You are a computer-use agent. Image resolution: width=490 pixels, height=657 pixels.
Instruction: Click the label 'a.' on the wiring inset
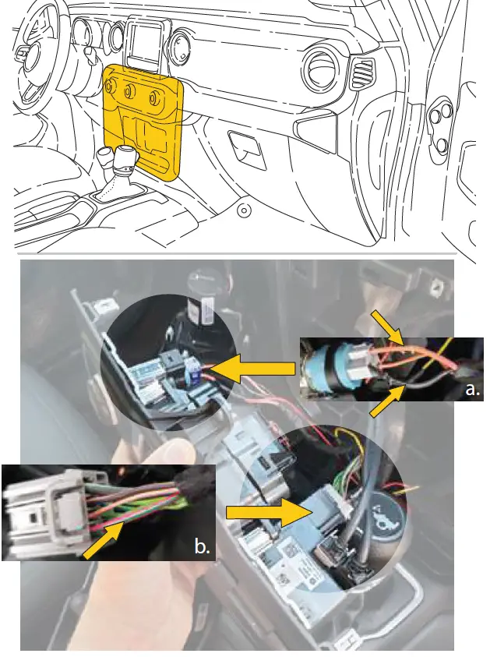tap(471, 389)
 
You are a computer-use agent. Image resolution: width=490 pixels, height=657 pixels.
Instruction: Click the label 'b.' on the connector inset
tap(202, 547)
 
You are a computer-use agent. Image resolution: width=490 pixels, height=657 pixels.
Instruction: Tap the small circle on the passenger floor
tap(244, 210)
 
